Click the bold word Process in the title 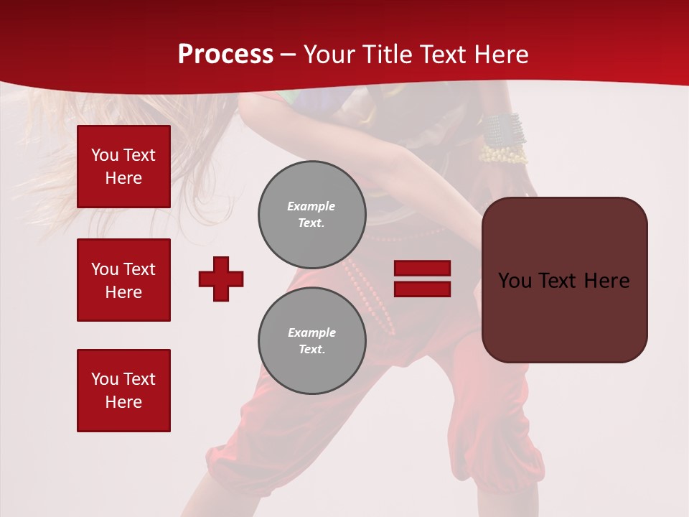click(225, 55)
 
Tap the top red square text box click(123, 167)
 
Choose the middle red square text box click(123, 280)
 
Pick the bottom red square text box click(123, 391)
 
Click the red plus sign click(221, 279)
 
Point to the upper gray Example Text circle click(311, 215)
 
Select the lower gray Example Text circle click(311, 341)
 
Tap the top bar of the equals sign click(422, 269)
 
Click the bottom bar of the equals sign click(422, 289)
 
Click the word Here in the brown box click(607, 281)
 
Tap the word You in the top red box click(105, 155)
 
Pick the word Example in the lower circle click(311, 332)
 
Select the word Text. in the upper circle click(311, 223)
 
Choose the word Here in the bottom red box click(123, 402)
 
